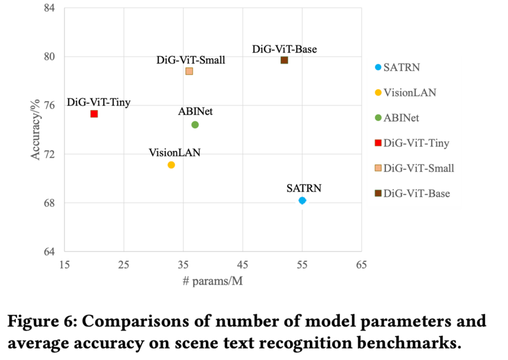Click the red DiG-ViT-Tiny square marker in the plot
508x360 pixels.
pyautogui.click(x=94, y=114)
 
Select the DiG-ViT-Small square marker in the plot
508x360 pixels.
pyautogui.click(x=189, y=71)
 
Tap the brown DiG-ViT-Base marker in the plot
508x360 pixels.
pyautogui.click(x=284, y=60)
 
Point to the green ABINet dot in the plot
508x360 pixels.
pyautogui.click(x=195, y=124)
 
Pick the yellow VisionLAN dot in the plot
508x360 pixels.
pyautogui.click(x=171, y=165)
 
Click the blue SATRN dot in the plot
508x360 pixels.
pyautogui.click(x=302, y=200)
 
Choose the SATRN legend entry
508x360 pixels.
pyautogui.click(x=401, y=67)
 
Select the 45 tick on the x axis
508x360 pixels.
pyautogui.click(x=243, y=265)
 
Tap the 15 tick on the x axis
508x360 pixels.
pyautogui.click(x=64, y=265)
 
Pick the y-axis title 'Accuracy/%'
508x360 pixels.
pyautogui.click(x=36, y=129)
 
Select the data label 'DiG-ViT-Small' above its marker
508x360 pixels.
pyautogui.click(x=191, y=60)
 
